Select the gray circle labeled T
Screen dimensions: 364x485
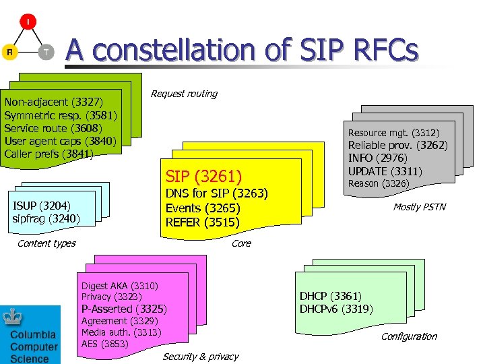[x=45, y=52]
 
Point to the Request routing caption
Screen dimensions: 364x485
[x=184, y=94]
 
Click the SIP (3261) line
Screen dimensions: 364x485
[x=203, y=177]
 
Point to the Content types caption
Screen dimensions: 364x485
[x=46, y=243]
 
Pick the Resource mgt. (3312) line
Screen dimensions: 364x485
[x=393, y=133]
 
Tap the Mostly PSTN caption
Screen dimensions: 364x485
[x=419, y=207]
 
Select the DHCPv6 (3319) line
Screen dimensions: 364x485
[x=336, y=309]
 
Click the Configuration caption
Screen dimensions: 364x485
[x=409, y=336]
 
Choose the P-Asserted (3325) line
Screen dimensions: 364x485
[x=124, y=309]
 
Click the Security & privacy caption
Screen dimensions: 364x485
[x=200, y=357]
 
